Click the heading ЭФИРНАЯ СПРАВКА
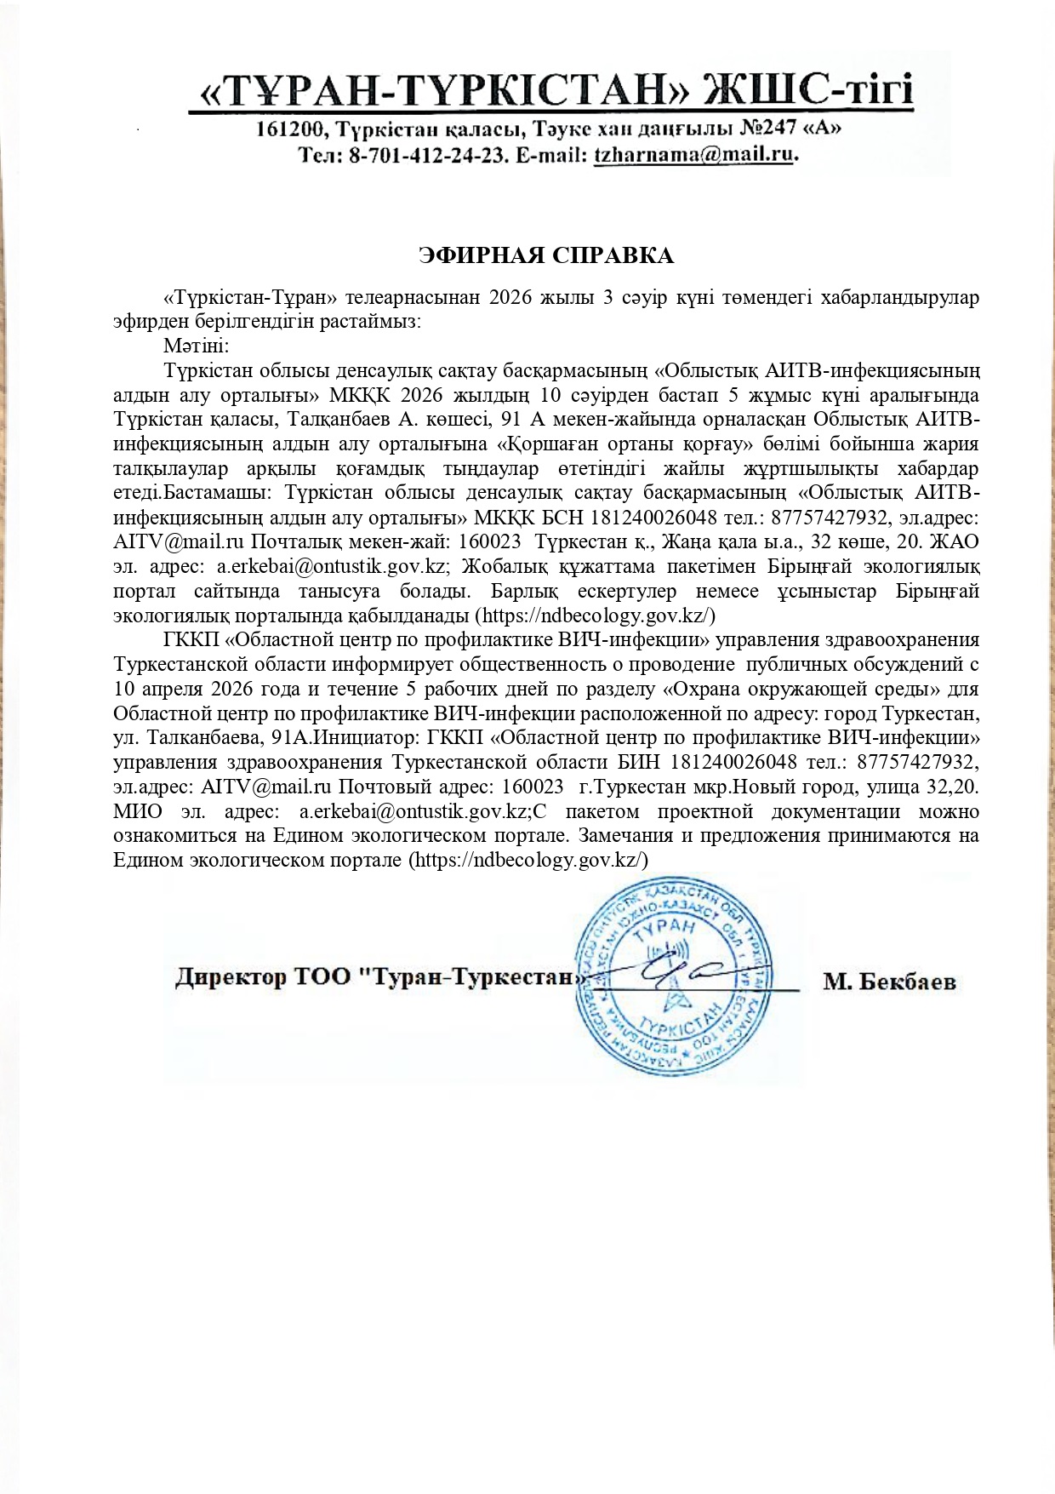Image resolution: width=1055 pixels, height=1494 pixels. [546, 256]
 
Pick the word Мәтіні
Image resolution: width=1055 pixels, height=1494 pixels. [196, 346]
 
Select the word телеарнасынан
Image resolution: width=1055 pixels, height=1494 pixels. [409, 297]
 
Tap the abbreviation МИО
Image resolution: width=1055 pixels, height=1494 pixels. [138, 811]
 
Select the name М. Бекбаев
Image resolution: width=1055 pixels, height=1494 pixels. [889, 982]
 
